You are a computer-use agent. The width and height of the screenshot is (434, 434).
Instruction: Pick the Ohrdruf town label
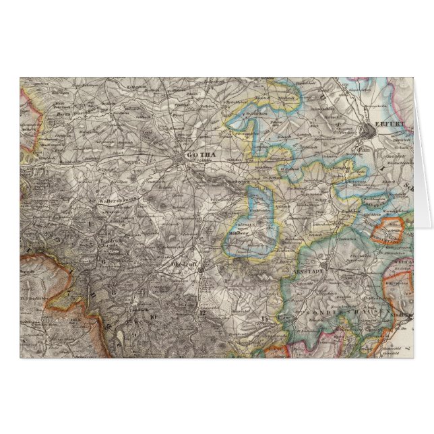183,265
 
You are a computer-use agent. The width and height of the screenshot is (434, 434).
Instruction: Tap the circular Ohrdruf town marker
200,268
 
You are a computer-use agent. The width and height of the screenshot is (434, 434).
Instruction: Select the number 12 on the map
201,313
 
